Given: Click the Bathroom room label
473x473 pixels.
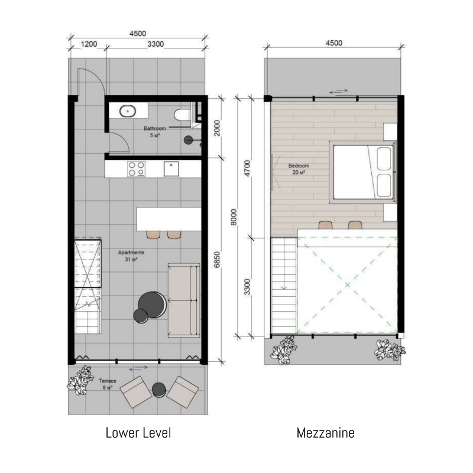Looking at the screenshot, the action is [155, 128].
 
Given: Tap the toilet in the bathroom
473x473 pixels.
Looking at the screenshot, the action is [182, 114].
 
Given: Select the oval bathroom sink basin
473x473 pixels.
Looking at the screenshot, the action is [128, 111].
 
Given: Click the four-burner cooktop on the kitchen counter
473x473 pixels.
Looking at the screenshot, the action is [137, 169].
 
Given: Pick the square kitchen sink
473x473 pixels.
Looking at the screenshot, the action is [171, 169].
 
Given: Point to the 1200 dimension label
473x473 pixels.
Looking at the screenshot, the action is [89, 44].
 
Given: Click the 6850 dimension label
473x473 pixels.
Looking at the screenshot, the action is [217, 260].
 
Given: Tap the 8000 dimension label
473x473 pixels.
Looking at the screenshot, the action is [234, 217].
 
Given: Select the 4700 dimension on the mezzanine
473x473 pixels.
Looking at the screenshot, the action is [247, 169].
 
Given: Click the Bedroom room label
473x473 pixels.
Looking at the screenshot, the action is [299, 166].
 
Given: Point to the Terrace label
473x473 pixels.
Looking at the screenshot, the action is [108, 381].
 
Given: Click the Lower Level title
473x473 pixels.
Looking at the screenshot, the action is [138, 433].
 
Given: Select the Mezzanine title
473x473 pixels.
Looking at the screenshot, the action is [326, 433].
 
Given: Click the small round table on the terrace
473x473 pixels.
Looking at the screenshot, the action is [159, 390].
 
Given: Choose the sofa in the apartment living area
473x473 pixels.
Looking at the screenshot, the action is [184, 300].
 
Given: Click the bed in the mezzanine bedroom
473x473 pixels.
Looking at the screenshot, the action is [363, 172].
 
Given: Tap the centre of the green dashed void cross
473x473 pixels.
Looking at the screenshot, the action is [348, 285].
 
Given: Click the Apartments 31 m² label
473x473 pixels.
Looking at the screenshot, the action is [131, 256].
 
